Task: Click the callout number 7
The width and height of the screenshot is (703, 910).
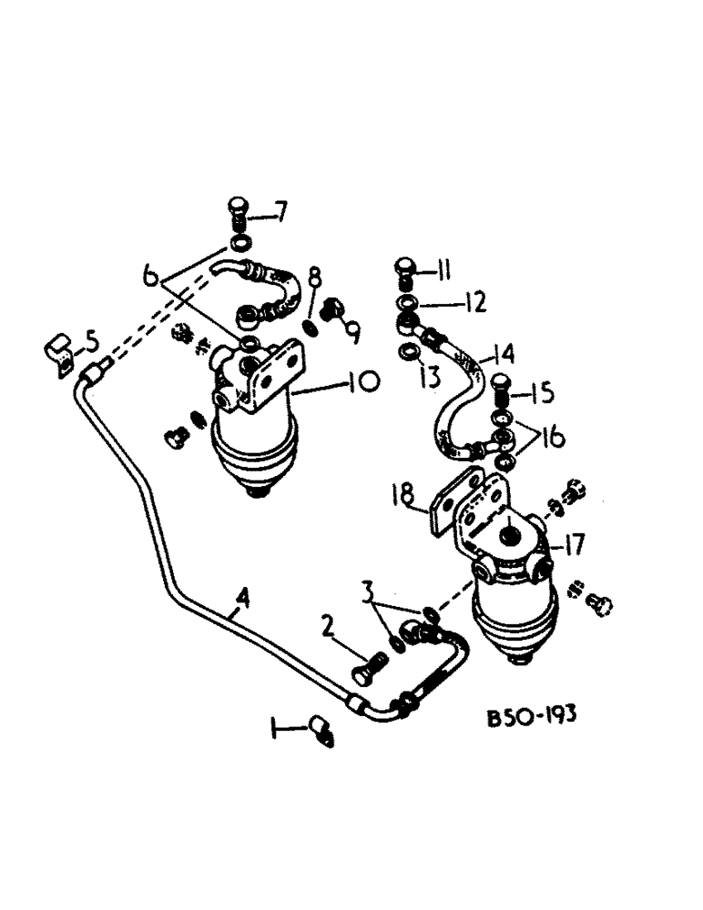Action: [280, 216]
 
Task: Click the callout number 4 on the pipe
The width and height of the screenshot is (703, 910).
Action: [240, 599]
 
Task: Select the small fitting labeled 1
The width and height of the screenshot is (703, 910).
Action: [321, 729]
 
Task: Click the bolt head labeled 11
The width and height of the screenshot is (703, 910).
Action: [406, 268]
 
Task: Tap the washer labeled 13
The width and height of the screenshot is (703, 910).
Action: [409, 352]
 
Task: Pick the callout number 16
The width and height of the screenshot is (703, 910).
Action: [549, 439]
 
